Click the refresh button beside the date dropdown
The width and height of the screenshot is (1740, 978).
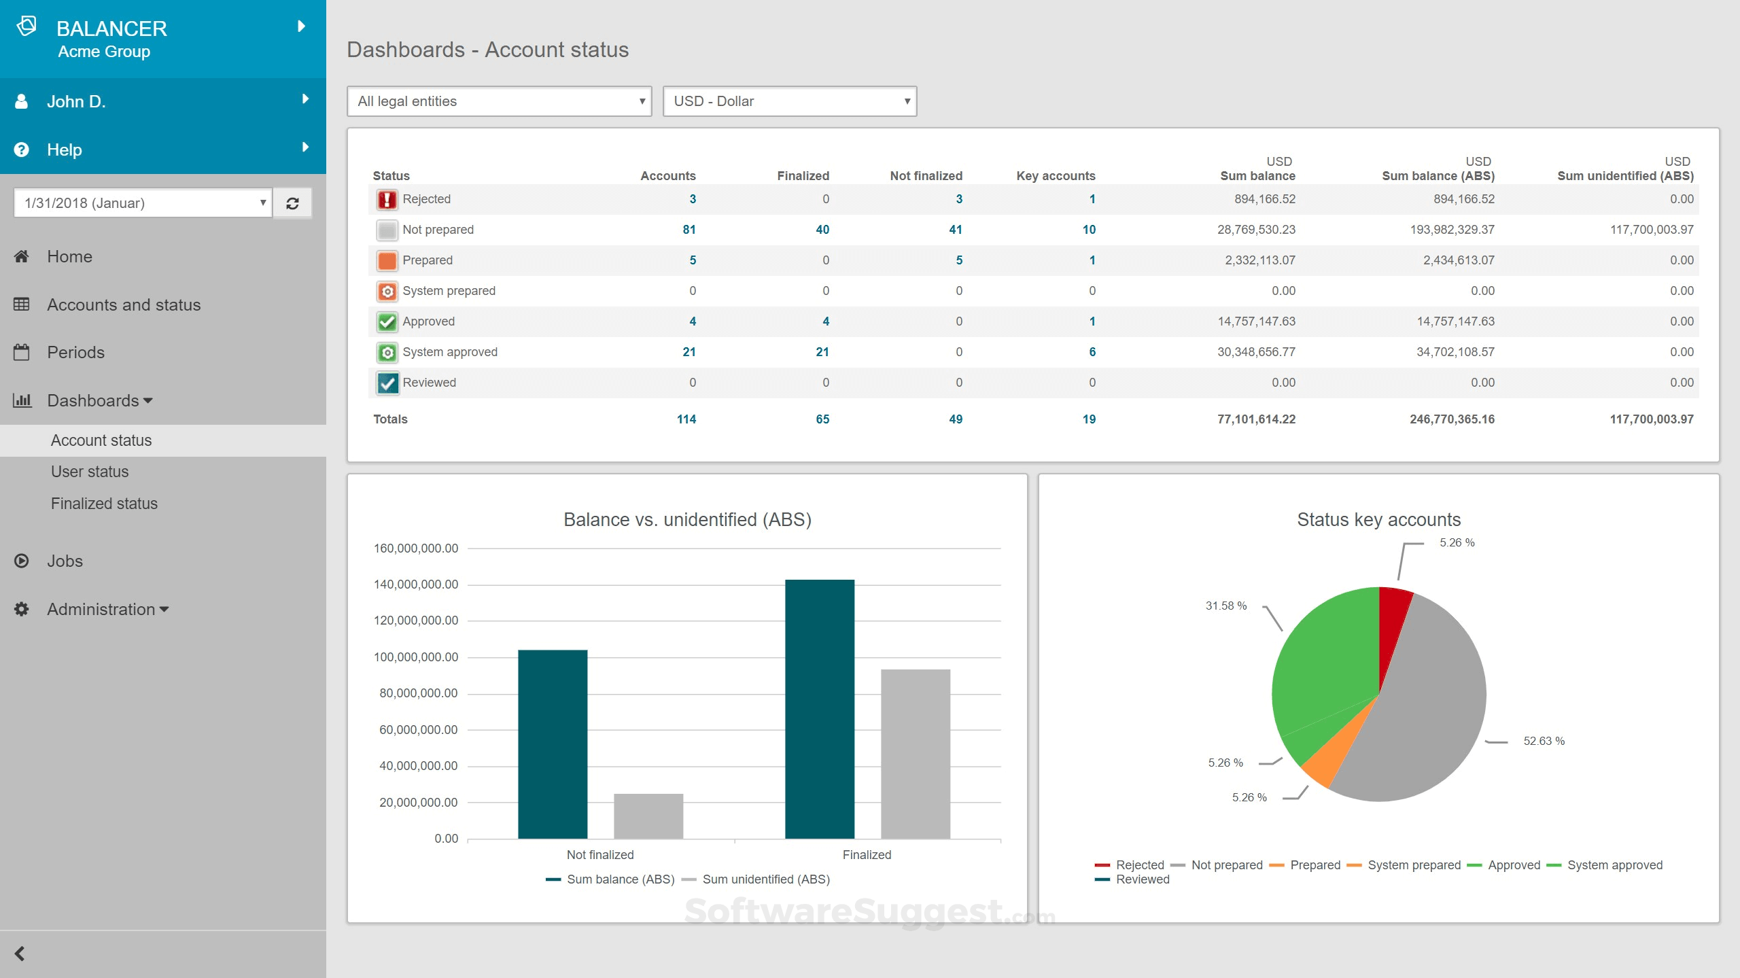click(292, 203)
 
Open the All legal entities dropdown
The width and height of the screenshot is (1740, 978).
click(499, 101)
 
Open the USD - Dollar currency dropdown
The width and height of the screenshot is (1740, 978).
click(789, 101)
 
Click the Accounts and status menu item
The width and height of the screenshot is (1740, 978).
click(124, 304)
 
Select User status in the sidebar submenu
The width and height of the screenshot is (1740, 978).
click(90, 472)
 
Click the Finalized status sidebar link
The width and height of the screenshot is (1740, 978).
click(104, 504)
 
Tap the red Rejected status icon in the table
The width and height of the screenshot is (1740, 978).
click(387, 199)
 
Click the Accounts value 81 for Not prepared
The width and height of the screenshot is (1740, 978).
click(689, 230)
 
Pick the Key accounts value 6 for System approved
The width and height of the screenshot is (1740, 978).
click(1092, 352)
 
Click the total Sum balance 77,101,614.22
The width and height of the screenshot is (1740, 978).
click(1256, 419)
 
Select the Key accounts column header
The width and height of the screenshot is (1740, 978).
click(1056, 176)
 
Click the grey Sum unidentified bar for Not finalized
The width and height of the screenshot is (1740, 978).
click(648, 816)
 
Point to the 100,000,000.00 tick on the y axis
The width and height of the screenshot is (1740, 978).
click(416, 657)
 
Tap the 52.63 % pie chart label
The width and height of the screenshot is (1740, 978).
click(1544, 741)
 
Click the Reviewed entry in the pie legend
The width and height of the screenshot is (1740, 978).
click(1142, 879)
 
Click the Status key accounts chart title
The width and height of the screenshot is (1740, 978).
click(1378, 520)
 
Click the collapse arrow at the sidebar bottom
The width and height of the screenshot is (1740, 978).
click(20, 954)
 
